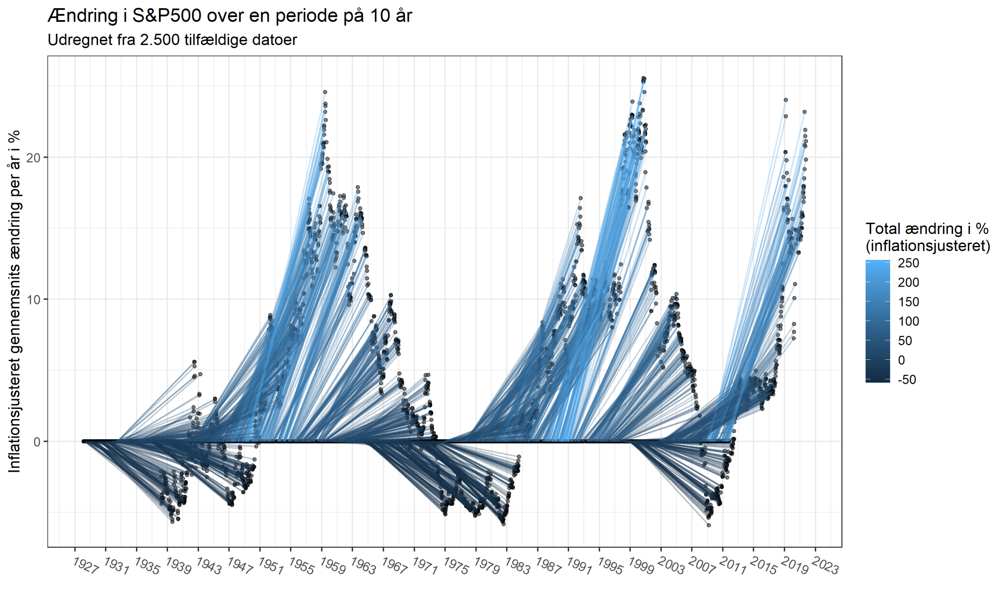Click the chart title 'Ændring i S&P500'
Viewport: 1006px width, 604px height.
(x=230, y=16)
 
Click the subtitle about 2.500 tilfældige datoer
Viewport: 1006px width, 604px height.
(x=173, y=40)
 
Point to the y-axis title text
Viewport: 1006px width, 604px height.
(x=15, y=301)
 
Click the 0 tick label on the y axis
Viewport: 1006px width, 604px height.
(x=37, y=442)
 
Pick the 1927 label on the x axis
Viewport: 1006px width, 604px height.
(x=85, y=567)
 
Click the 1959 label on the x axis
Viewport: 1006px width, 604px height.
(x=332, y=567)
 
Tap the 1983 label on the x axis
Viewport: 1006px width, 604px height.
(x=517, y=567)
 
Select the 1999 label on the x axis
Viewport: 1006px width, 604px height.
(x=641, y=567)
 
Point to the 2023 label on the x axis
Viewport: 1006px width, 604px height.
(x=826, y=567)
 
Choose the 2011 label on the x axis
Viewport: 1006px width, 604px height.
(x=733, y=567)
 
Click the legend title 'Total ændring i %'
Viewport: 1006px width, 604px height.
(x=927, y=229)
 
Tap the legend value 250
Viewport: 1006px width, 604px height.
(x=909, y=263)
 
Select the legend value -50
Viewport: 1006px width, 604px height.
(x=907, y=380)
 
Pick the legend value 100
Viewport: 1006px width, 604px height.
(x=909, y=322)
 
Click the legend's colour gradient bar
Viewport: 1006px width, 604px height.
(x=877, y=322)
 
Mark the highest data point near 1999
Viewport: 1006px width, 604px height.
(x=644, y=79)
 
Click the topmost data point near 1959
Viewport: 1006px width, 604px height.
(x=325, y=92)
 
